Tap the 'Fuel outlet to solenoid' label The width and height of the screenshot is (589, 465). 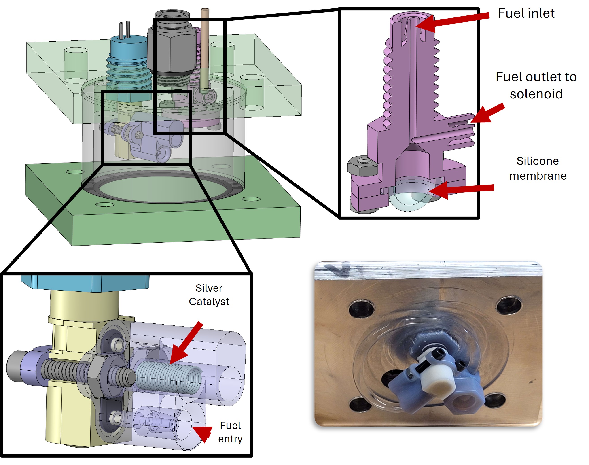tap(536, 85)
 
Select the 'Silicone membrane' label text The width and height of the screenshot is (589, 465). tap(537, 168)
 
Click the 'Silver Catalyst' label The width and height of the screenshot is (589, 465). tap(209, 295)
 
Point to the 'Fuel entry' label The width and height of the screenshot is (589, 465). tap(230, 432)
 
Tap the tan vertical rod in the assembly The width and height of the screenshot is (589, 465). tap(204, 49)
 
